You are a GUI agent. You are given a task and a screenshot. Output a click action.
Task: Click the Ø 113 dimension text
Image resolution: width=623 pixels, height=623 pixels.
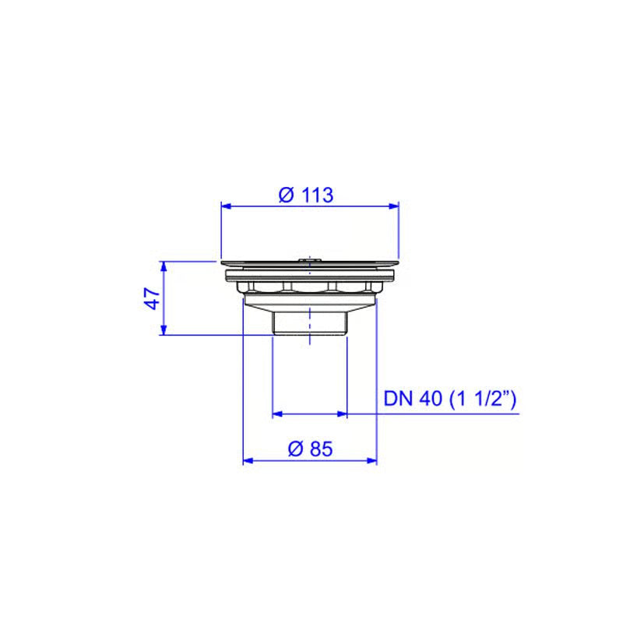306,195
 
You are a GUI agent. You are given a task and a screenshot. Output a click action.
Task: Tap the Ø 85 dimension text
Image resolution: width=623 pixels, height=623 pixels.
310,449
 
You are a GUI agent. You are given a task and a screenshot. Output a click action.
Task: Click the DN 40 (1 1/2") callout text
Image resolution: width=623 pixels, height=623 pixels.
450,399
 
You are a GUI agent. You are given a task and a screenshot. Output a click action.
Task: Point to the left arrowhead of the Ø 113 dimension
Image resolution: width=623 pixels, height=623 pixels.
226,206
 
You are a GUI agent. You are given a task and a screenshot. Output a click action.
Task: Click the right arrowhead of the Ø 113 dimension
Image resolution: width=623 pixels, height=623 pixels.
394,206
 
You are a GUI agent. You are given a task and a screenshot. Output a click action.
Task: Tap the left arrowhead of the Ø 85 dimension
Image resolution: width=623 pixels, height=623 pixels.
248,460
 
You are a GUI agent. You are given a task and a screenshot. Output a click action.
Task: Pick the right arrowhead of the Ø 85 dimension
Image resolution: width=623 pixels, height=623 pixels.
372,460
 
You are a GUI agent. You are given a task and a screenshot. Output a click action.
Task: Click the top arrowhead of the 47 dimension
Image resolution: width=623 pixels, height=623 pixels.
164,266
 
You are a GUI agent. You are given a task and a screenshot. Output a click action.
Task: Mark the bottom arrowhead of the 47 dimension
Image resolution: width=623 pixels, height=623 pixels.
164,329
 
